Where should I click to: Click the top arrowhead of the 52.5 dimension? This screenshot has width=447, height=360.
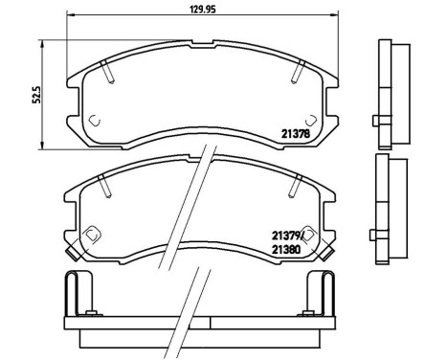point(41,40)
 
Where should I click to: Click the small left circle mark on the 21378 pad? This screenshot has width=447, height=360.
point(94,119)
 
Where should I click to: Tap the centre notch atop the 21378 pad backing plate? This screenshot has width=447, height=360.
point(205,45)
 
